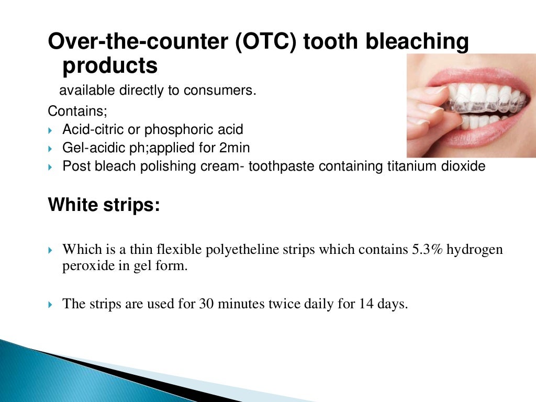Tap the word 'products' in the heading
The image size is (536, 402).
point(110,66)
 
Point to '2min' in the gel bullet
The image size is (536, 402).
point(234,148)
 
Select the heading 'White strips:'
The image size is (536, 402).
point(104,205)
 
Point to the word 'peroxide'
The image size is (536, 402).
point(85,265)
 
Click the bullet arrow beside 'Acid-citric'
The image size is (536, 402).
point(50,130)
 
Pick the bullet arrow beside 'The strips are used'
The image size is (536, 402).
point(50,304)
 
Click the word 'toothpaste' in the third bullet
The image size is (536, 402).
point(282,166)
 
